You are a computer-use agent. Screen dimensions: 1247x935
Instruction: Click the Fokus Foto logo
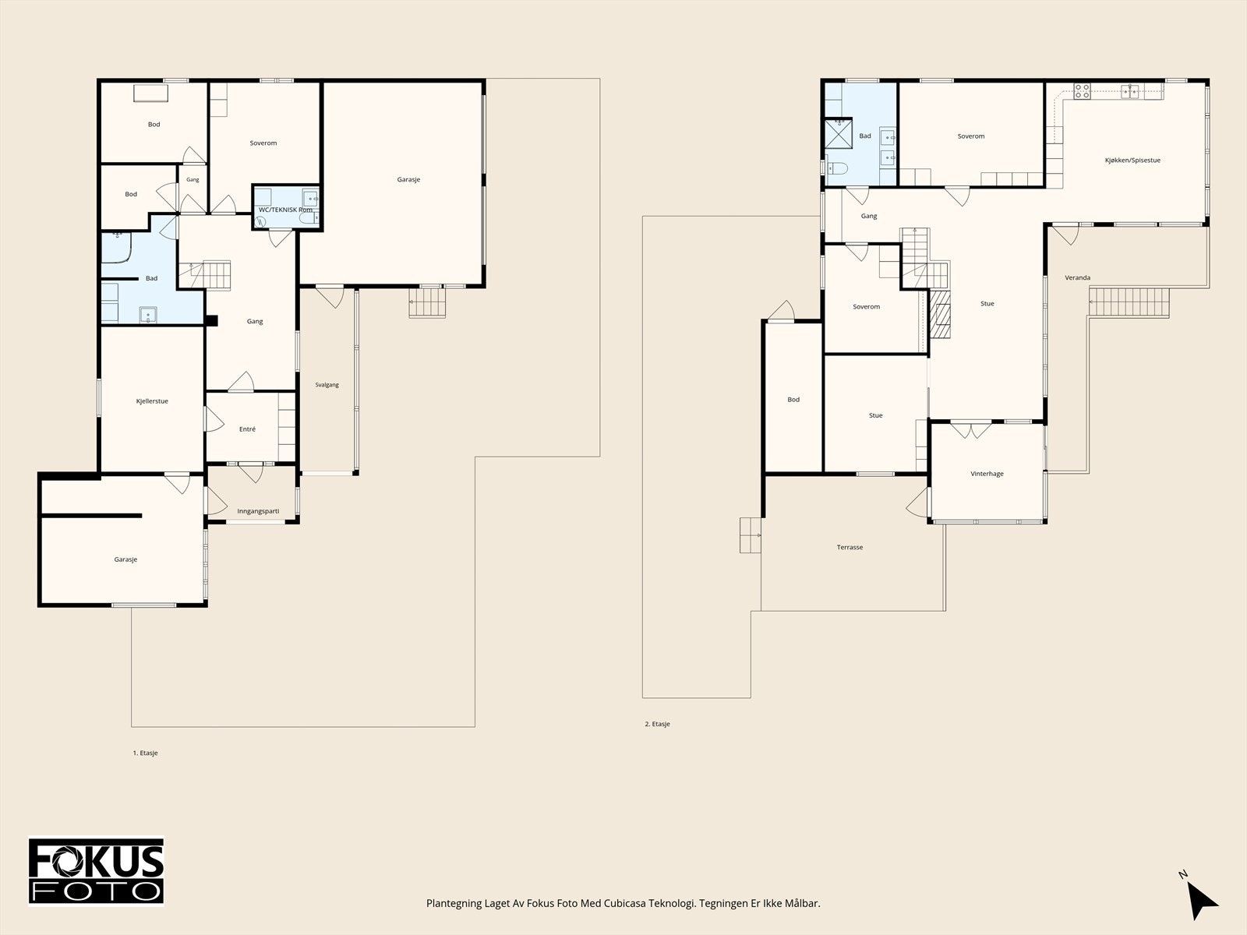click(x=96, y=871)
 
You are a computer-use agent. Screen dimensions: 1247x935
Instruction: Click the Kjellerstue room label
click(x=152, y=401)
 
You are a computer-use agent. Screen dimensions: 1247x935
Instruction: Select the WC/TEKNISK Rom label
click(x=285, y=210)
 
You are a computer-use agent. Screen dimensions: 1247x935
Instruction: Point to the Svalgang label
click(x=327, y=385)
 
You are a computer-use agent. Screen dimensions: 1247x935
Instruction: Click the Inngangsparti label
click(x=258, y=511)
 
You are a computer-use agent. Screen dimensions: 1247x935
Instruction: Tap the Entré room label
click(x=247, y=429)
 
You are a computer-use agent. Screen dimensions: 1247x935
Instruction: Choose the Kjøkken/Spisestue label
click(x=1132, y=161)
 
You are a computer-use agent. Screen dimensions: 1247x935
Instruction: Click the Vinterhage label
click(x=987, y=474)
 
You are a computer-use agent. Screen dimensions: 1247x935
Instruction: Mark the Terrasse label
click(x=850, y=547)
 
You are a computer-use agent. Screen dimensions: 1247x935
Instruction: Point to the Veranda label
click(x=1077, y=277)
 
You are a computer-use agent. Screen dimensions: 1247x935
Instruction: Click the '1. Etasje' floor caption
click(x=145, y=753)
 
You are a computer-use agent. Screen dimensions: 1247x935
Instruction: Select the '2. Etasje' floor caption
click(x=657, y=724)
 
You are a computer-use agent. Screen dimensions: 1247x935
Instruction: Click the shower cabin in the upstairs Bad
click(x=839, y=133)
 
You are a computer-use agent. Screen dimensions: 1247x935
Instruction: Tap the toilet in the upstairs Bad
click(x=836, y=168)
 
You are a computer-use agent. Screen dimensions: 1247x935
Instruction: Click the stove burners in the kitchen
click(x=1082, y=91)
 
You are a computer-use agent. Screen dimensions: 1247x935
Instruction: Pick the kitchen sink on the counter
click(x=1129, y=91)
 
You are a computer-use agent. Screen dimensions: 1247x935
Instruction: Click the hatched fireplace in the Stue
click(x=940, y=315)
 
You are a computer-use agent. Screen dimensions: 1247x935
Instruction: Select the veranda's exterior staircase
click(x=1129, y=302)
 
